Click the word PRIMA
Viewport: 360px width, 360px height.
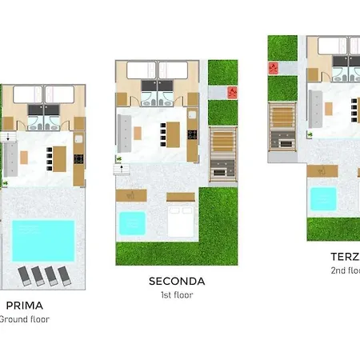(x=24, y=305)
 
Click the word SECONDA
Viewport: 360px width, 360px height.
(x=177, y=281)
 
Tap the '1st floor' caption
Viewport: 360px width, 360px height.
(x=177, y=294)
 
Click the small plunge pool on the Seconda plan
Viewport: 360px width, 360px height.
(x=132, y=223)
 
